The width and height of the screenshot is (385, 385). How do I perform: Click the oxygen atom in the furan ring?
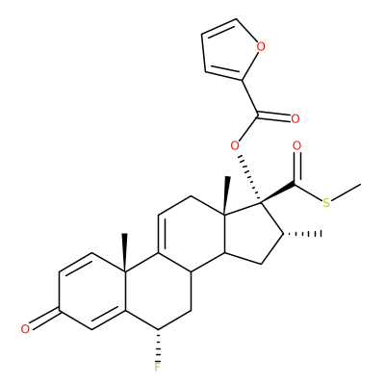tap(261, 47)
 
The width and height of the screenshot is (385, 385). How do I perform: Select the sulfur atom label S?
tap(326, 203)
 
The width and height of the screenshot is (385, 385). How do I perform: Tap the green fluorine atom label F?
tap(157, 367)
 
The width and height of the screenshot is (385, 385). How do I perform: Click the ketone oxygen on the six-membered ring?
tap(25, 329)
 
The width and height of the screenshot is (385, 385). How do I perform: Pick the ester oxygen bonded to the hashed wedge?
tap(235, 146)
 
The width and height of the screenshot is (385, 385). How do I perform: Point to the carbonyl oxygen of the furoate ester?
tap(295, 118)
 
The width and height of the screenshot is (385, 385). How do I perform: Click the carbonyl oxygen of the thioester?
tap(297, 146)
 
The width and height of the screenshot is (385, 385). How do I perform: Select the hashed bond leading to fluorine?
tap(157, 346)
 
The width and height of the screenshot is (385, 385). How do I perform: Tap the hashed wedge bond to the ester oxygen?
tap(250, 178)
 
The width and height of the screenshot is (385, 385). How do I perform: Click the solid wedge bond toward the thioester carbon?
tap(278, 193)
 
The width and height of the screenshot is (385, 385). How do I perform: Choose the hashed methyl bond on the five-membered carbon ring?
tap(302, 234)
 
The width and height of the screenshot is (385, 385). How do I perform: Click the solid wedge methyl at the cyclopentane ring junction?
tap(226, 195)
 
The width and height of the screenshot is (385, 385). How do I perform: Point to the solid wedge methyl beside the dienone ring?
tap(125, 253)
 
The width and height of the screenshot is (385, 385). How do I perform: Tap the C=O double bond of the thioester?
tap(297, 167)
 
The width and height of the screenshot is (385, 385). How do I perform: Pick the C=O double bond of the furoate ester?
tap(274, 115)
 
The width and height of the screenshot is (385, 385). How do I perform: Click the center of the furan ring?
tap(229, 50)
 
